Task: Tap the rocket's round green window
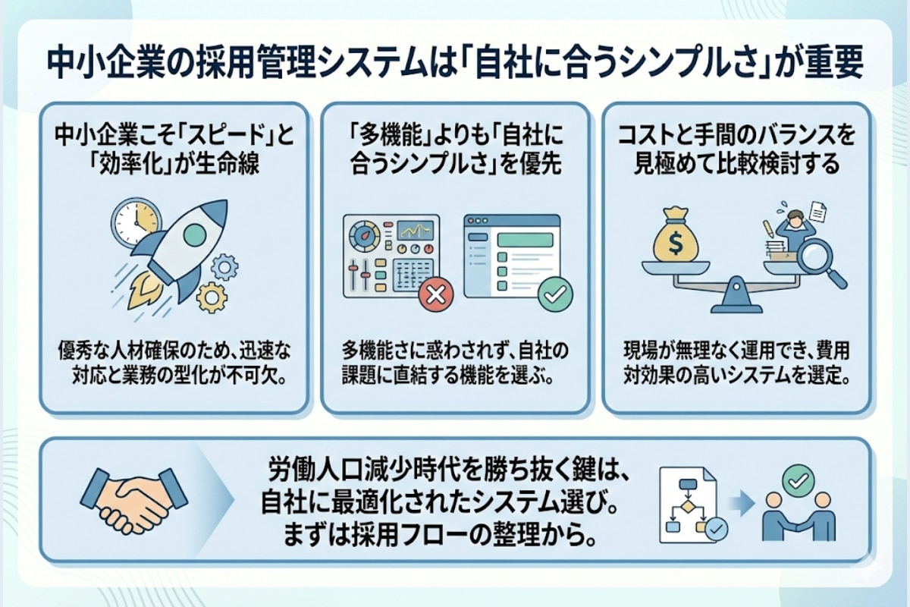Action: click(x=195, y=232)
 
